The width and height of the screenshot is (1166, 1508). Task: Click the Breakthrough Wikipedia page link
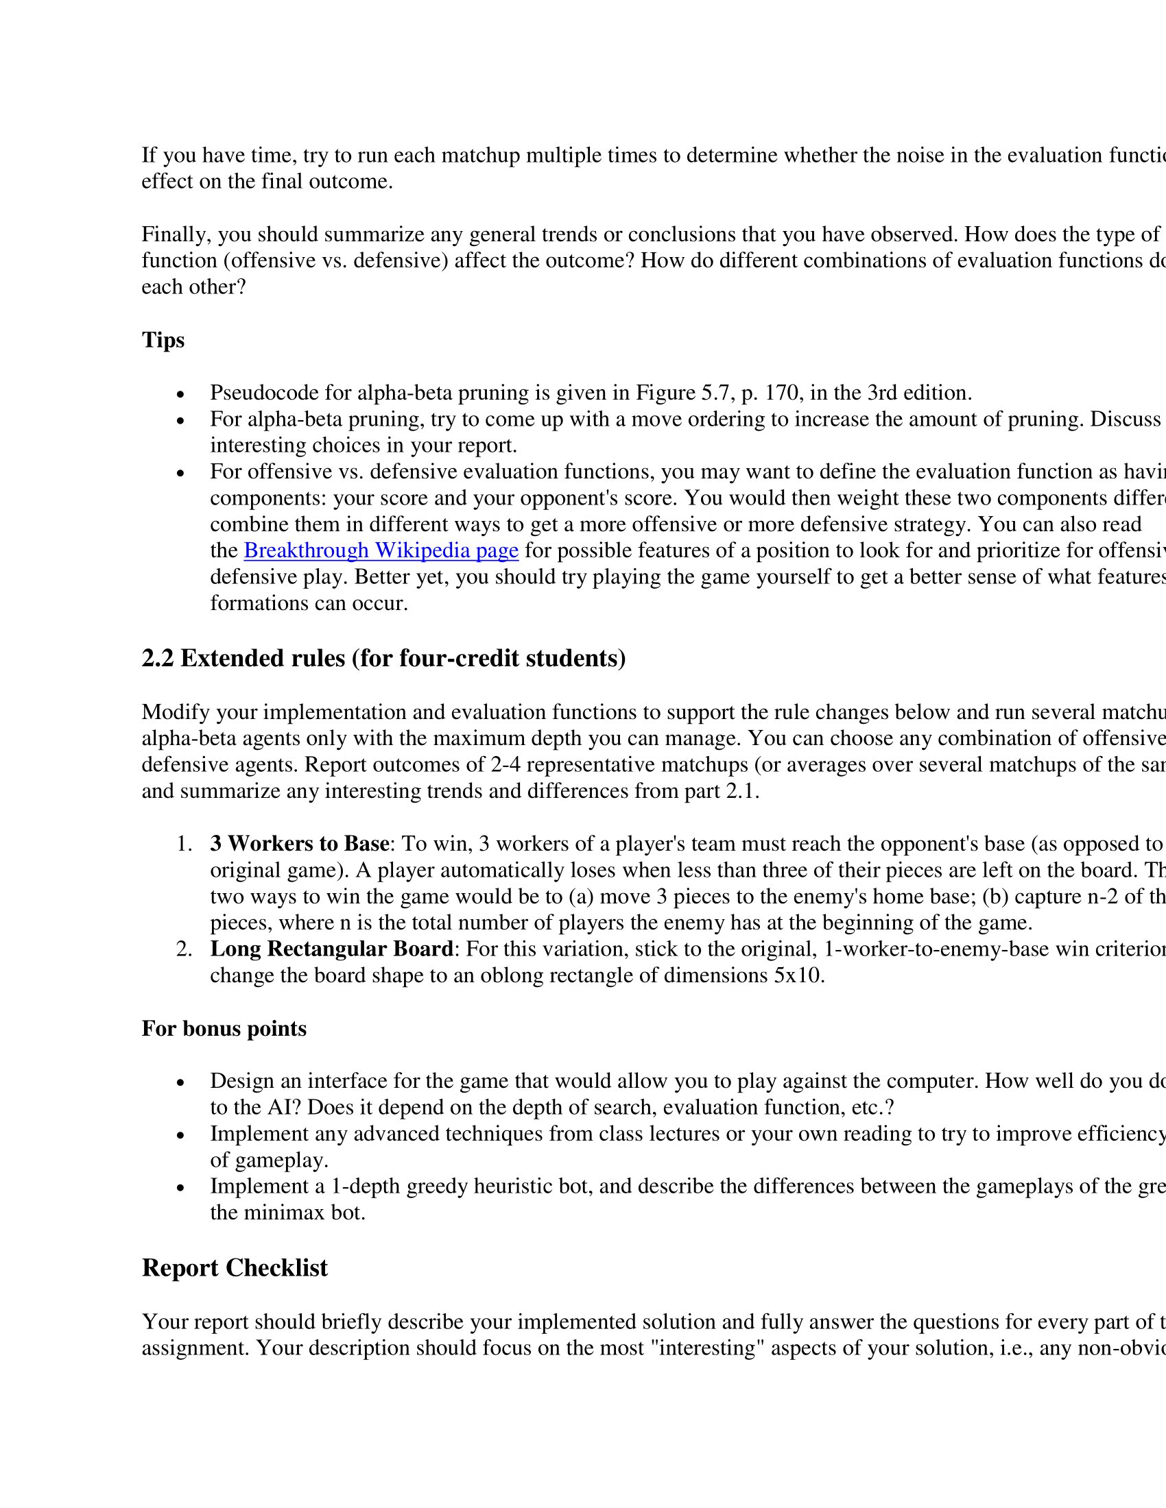point(381,551)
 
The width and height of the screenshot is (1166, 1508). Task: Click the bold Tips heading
point(163,341)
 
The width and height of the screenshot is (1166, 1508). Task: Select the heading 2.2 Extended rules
point(383,659)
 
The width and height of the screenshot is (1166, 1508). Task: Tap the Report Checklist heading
point(235,1268)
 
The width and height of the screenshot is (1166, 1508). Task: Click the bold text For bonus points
point(224,1029)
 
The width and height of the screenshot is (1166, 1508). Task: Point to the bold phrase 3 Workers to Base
point(300,844)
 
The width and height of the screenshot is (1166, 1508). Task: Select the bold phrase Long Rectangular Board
point(331,949)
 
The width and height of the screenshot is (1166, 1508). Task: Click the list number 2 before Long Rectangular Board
point(183,949)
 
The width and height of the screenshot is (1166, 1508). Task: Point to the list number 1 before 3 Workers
point(183,844)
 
